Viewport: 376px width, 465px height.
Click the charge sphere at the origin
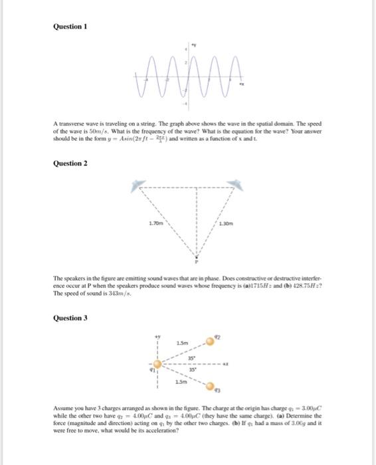[157, 364]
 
